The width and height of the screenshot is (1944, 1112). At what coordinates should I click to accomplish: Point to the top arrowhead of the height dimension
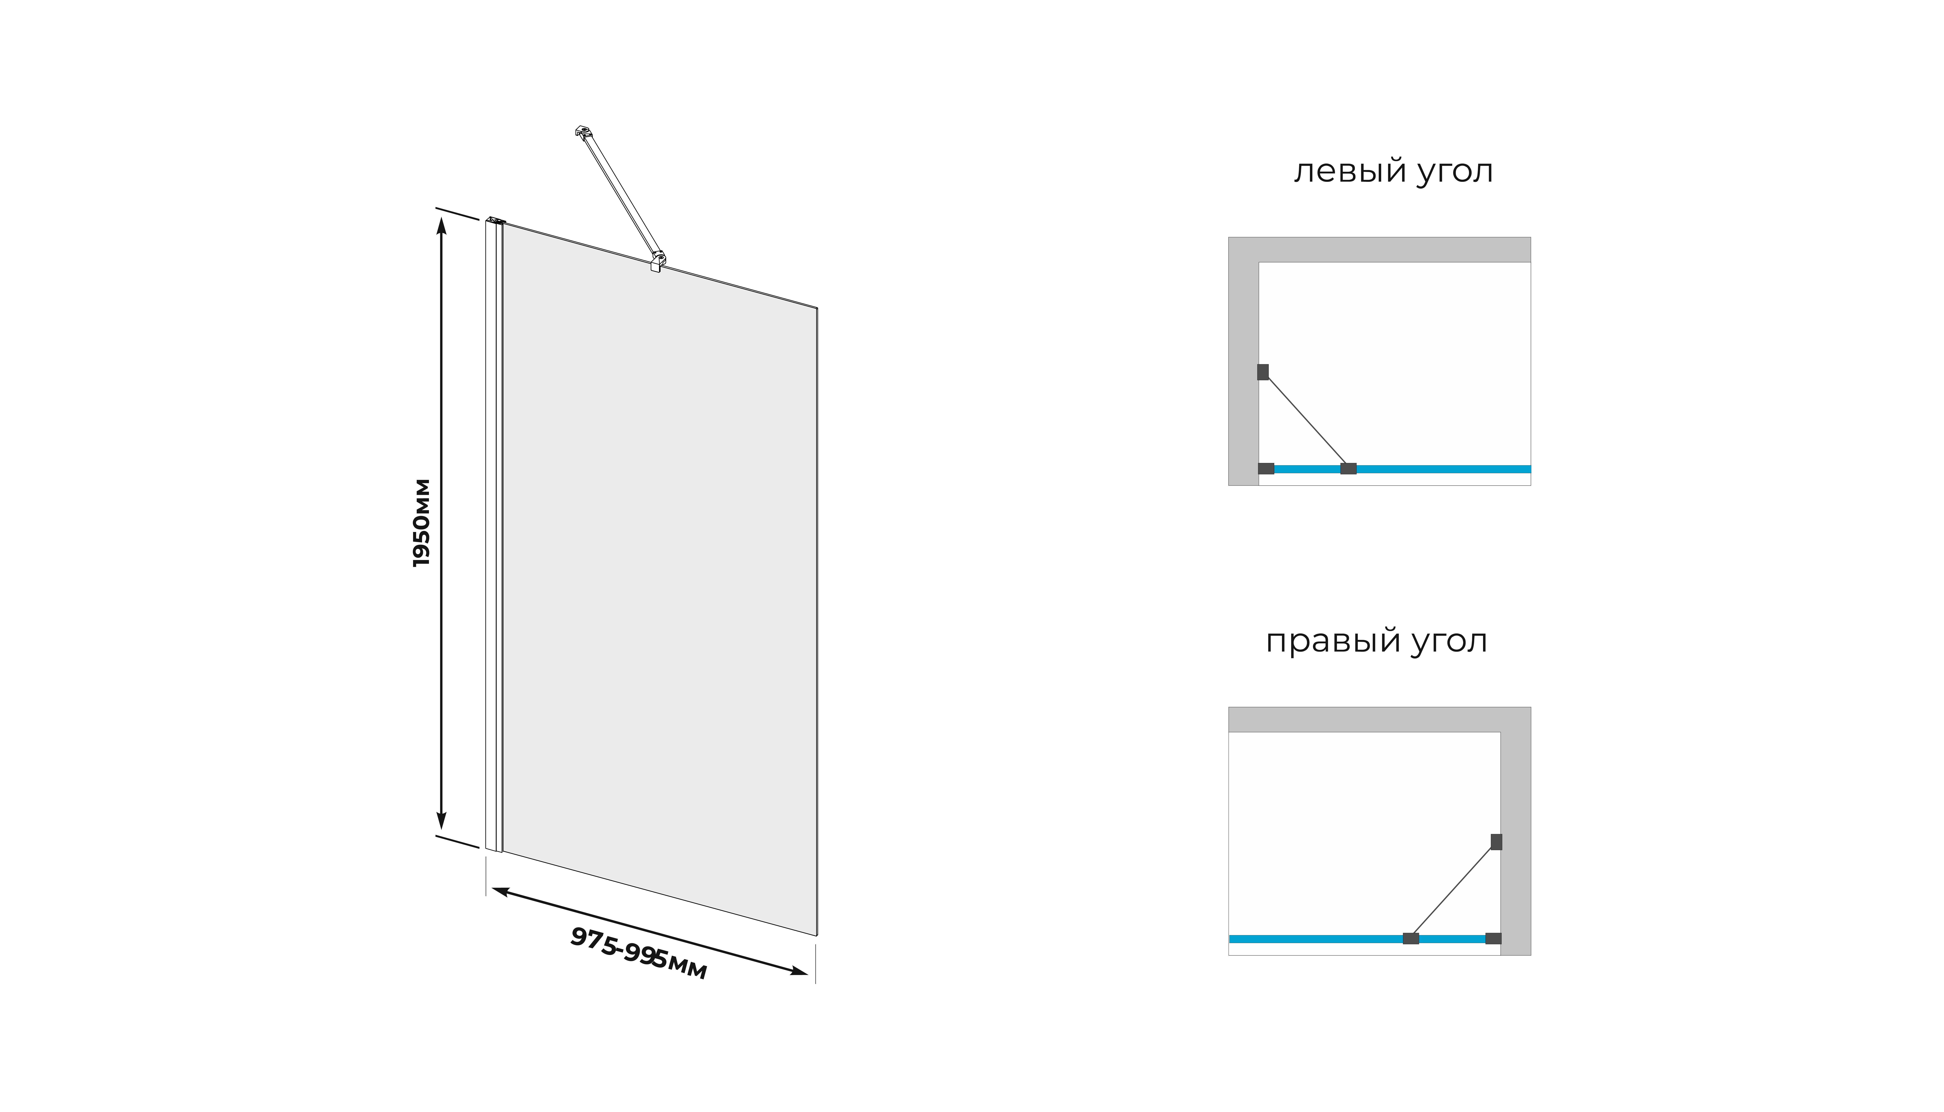(x=441, y=226)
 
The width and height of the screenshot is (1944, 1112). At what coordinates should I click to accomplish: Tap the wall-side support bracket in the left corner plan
(x=1263, y=372)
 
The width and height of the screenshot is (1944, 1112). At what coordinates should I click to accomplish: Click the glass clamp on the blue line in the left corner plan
(x=1348, y=468)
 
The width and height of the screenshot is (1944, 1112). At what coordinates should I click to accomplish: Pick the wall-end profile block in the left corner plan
(x=1266, y=468)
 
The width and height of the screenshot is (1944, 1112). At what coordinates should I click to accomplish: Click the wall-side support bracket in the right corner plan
(x=1496, y=842)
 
